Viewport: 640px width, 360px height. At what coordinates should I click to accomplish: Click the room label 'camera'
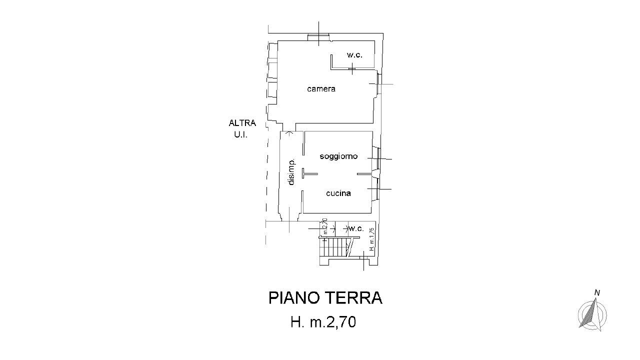[321, 89]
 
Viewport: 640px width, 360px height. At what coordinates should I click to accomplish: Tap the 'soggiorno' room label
[338, 156]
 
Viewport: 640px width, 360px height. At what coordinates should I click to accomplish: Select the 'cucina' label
[338, 193]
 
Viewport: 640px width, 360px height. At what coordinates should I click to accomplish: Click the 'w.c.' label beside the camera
[354, 55]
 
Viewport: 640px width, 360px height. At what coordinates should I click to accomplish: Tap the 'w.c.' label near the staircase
[356, 228]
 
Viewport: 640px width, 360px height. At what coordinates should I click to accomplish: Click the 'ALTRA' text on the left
[242, 123]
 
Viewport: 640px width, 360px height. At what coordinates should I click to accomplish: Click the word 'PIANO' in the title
[294, 298]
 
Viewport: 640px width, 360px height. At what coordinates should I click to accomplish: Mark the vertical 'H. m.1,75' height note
[371, 239]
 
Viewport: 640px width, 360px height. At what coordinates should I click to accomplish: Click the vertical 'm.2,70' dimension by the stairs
[324, 226]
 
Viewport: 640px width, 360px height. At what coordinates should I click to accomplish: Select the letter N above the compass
[597, 292]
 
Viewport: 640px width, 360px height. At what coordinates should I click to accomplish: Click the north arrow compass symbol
[592, 315]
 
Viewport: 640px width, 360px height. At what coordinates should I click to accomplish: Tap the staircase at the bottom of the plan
[337, 247]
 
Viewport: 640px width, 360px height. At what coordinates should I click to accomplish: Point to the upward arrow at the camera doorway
[288, 133]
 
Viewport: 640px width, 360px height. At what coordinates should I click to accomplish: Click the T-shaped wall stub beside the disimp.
[308, 174]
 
